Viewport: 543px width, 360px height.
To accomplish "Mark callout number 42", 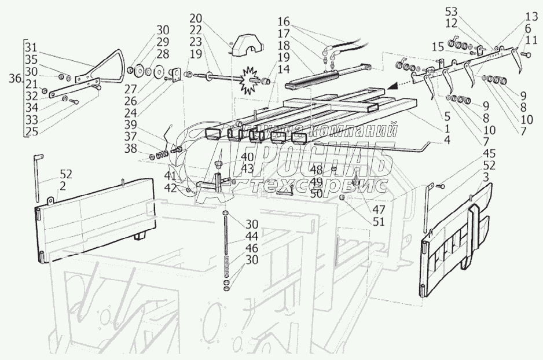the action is pyautogui.click(x=170, y=188).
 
